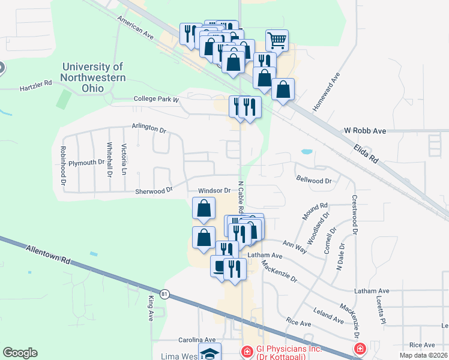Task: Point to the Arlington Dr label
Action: click(149, 128)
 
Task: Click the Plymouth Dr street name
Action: click(86, 163)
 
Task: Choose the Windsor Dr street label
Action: click(214, 191)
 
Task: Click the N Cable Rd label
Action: click(241, 197)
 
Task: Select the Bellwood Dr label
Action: click(314, 180)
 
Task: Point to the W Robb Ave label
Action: click(364, 130)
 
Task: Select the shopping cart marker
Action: click(277, 40)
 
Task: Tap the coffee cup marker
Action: click(219, 265)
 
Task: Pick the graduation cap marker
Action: click(209, 352)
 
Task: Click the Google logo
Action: click(20, 353)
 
